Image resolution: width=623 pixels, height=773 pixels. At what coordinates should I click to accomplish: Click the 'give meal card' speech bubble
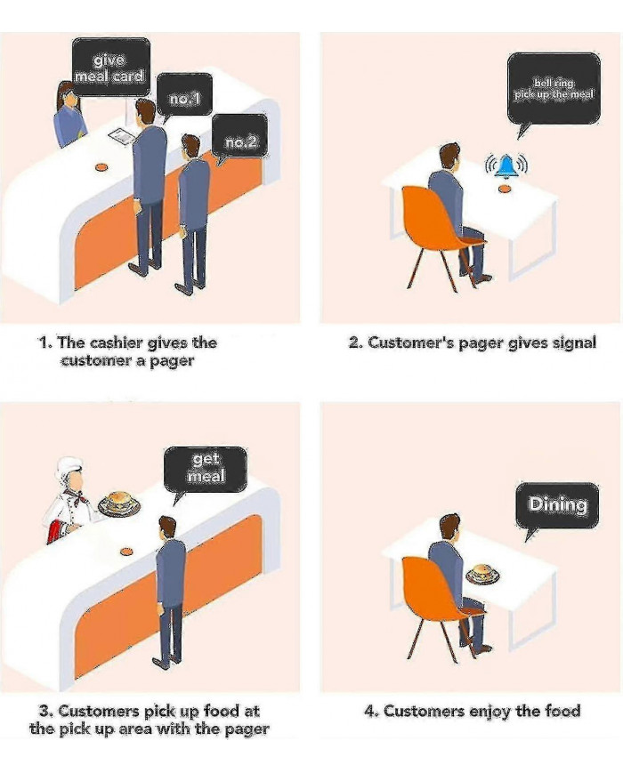(110, 66)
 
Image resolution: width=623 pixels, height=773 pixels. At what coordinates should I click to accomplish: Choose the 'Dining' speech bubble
(558, 505)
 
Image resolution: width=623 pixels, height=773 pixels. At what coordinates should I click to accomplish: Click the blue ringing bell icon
(506, 165)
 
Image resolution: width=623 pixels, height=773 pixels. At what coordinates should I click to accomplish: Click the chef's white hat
(69, 468)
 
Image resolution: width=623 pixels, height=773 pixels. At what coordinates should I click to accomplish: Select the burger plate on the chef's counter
(119, 504)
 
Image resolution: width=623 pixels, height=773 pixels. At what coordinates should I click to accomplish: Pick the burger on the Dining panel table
(481, 573)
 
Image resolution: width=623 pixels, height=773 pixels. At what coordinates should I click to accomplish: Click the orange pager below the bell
(506, 188)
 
